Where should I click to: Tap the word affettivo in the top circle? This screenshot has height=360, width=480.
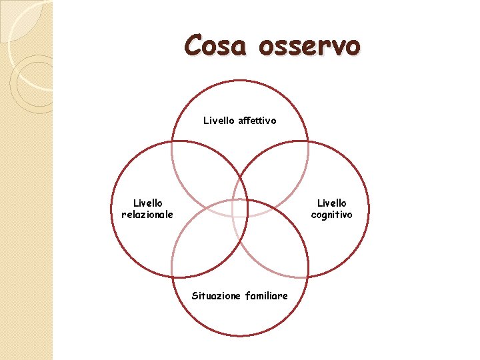pyautogui.click(x=257, y=121)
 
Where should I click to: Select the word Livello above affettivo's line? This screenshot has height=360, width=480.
pyautogui.click(x=218, y=121)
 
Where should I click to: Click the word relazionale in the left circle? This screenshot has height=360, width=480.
pyautogui.click(x=147, y=214)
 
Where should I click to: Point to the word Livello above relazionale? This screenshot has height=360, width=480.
pyautogui.click(x=147, y=203)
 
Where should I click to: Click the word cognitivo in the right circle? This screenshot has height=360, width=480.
pyautogui.click(x=331, y=214)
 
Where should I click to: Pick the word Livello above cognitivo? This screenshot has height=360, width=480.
pyautogui.click(x=331, y=203)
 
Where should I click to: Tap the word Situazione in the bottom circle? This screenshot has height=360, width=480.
pyautogui.click(x=216, y=295)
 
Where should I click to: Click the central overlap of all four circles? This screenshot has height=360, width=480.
pyautogui.click(x=240, y=209)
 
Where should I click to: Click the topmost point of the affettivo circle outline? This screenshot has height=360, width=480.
pyautogui.click(x=240, y=81)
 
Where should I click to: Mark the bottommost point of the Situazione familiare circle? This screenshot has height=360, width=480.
pyautogui.click(x=240, y=336)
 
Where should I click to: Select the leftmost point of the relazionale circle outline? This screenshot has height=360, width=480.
pyautogui.click(x=111, y=209)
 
